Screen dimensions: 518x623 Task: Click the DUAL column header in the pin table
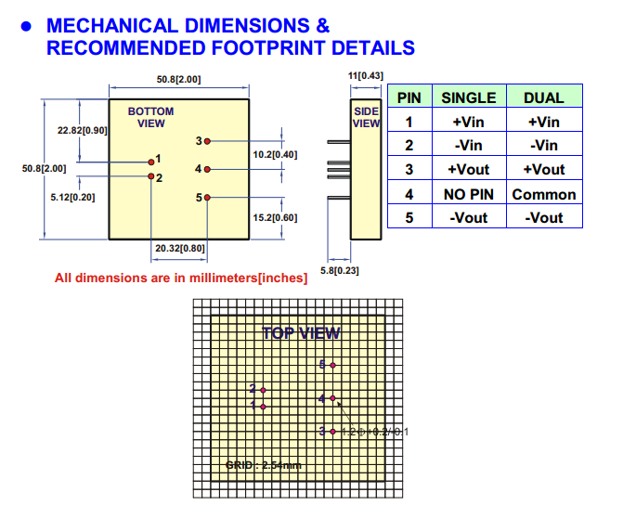pyautogui.click(x=543, y=97)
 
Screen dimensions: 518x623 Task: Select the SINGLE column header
pyautogui.click(x=468, y=97)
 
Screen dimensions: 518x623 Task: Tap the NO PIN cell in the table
pyautogui.click(x=468, y=194)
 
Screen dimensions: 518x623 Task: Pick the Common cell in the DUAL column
pyautogui.click(x=543, y=194)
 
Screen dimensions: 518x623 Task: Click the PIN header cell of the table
pyautogui.click(x=409, y=97)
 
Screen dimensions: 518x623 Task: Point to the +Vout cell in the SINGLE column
pyautogui.click(x=468, y=170)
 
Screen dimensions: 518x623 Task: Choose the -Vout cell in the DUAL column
pyautogui.click(x=543, y=218)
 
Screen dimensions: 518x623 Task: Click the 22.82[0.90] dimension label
pyautogui.click(x=82, y=130)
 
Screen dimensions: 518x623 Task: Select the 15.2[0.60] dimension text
pyautogui.click(x=275, y=217)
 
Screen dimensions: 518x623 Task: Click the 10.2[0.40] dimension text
pyautogui.click(x=275, y=154)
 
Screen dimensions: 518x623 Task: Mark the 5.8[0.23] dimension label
pyautogui.click(x=339, y=270)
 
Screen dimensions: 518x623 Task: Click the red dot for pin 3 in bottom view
pyautogui.click(x=208, y=141)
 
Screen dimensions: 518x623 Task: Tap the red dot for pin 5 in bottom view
pyautogui.click(x=208, y=197)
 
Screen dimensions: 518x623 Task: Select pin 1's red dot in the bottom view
pyautogui.click(x=150, y=161)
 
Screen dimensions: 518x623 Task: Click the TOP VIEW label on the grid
pyautogui.click(x=300, y=333)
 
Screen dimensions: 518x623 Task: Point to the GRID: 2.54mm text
pyautogui.click(x=263, y=464)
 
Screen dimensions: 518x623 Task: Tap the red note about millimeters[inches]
pyautogui.click(x=181, y=278)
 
